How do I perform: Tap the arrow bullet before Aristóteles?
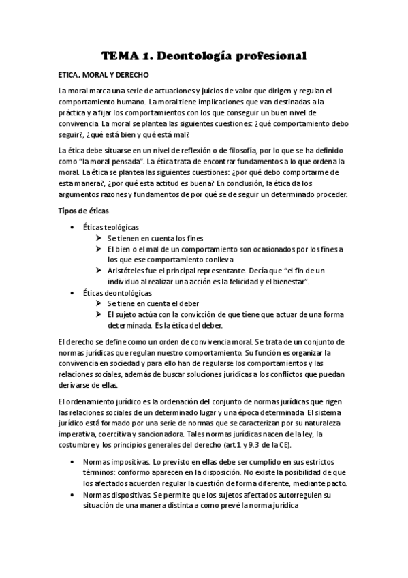point(99,271)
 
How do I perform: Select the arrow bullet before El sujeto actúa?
point(99,315)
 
